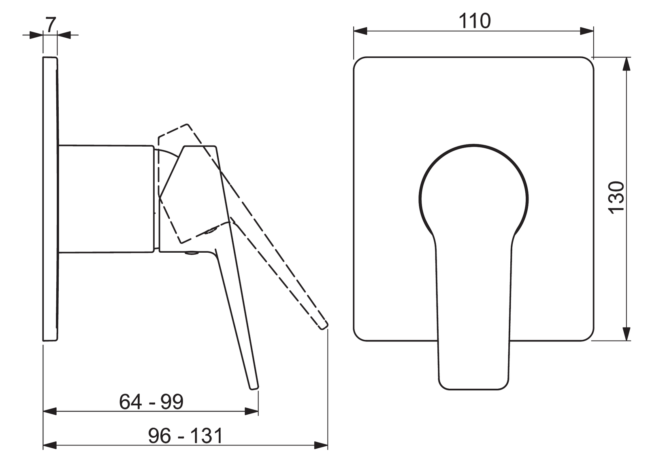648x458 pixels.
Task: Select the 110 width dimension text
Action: [x=475, y=21]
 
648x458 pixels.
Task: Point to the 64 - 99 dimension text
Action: [x=151, y=402]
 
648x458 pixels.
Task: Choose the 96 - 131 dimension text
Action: [x=185, y=436]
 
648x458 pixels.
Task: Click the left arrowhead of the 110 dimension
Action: [x=360, y=31]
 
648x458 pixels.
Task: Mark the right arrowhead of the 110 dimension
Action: [x=587, y=31]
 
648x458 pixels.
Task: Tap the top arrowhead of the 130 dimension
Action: [x=626, y=64]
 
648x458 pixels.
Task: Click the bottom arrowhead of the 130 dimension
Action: [x=626, y=334]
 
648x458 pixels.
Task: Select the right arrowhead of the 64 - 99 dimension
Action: [x=252, y=411]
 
